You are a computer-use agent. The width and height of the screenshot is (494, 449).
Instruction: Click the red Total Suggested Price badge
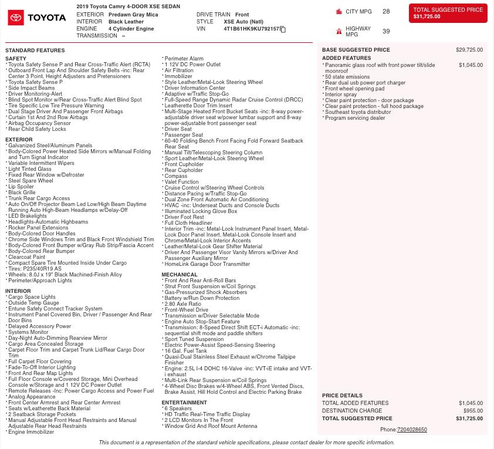click(x=448, y=13)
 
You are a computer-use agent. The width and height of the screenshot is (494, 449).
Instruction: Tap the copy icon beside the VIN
click(x=283, y=29)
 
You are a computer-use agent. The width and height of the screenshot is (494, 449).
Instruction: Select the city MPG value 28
click(x=385, y=12)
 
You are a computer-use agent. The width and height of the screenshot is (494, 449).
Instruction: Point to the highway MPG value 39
click(x=385, y=32)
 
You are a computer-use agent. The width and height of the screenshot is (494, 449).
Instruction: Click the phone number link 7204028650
click(x=412, y=430)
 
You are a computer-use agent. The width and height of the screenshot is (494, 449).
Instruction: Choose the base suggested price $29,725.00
click(x=469, y=50)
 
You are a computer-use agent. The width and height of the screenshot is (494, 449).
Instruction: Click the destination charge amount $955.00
click(x=473, y=411)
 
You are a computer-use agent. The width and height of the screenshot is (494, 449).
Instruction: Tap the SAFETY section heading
click(x=16, y=59)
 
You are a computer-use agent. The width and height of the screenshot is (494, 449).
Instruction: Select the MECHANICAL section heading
click(x=180, y=275)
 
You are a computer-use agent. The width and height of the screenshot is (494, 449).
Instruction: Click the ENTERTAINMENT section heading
click(x=184, y=403)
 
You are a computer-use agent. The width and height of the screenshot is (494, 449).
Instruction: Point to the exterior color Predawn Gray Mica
click(x=133, y=15)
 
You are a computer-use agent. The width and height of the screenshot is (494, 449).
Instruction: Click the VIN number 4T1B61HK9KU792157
click(x=251, y=29)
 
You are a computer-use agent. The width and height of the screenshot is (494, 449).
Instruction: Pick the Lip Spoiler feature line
click(x=21, y=187)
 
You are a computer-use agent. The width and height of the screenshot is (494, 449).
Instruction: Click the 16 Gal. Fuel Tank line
click(x=185, y=351)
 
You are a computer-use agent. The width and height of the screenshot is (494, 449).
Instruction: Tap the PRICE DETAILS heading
click(x=342, y=396)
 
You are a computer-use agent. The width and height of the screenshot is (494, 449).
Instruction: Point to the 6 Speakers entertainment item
click(x=178, y=409)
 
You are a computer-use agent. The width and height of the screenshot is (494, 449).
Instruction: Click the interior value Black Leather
click(x=126, y=22)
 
